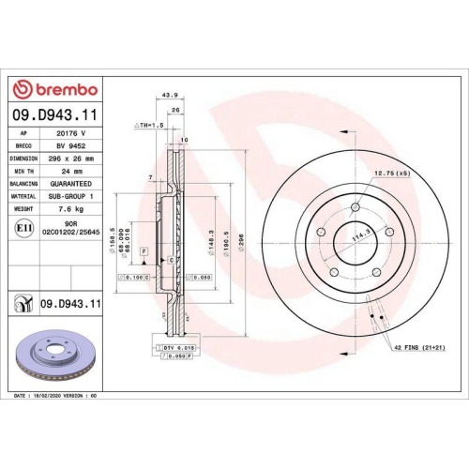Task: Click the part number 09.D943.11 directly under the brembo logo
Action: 56,115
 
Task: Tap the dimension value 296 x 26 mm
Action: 72,159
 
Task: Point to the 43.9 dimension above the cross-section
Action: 171,95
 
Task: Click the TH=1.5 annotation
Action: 149,124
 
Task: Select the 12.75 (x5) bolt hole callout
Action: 391,174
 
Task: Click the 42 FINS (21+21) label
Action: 419,349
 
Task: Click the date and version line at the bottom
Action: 56,397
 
